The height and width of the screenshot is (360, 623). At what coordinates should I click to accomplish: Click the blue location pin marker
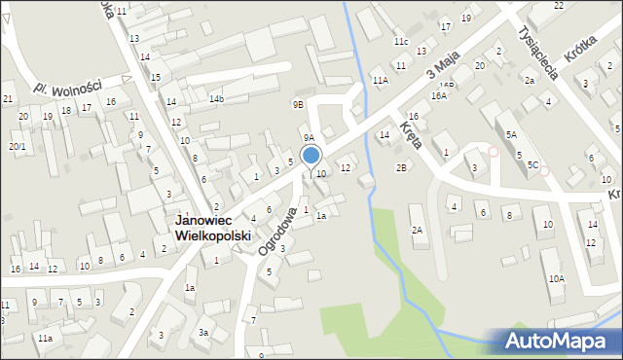tap(311, 156)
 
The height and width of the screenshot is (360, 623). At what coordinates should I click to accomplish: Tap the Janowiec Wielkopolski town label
tap(213, 229)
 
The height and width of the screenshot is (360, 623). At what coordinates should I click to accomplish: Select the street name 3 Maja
tap(442, 68)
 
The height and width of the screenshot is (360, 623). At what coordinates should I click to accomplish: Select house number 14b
tap(216, 99)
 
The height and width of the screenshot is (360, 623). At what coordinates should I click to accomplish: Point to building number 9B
tap(298, 104)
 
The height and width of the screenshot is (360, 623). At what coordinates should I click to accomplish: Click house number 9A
tap(308, 138)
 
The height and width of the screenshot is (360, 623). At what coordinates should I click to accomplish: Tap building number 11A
tap(380, 81)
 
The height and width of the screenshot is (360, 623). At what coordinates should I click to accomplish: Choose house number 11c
tap(401, 42)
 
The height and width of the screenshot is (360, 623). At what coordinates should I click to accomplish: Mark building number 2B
tap(401, 167)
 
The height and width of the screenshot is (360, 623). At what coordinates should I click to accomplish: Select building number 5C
tap(532, 165)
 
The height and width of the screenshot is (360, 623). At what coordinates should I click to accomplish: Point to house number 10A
tap(556, 278)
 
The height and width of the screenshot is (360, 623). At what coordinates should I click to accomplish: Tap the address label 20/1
tap(17, 147)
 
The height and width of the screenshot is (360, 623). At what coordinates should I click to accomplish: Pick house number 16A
tap(439, 96)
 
